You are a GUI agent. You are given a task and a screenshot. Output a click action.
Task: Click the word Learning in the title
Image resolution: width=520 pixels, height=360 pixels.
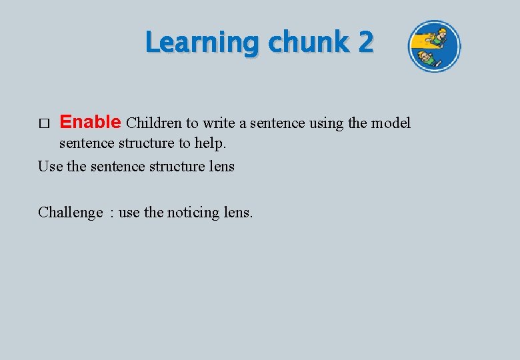tap(203, 43)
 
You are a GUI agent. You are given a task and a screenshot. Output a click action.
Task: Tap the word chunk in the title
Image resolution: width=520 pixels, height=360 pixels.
tap(307, 43)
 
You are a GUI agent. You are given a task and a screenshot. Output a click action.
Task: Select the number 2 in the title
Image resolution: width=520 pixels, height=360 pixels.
tap(365, 43)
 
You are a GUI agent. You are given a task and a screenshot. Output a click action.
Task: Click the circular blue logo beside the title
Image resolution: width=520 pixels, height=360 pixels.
tap(434, 46)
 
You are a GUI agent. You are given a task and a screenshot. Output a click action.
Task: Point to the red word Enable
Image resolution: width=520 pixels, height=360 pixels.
tap(90, 122)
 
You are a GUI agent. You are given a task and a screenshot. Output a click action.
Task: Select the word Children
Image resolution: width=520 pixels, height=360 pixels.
tap(154, 123)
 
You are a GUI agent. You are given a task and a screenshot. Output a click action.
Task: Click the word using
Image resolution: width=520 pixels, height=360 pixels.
tap(327, 123)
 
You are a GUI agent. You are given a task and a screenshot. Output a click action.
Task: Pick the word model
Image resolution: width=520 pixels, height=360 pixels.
tap(391, 123)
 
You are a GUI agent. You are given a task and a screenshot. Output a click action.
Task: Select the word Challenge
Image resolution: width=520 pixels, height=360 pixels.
tap(71, 213)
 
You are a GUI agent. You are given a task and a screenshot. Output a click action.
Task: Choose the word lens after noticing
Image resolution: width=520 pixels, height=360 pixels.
tap(238, 213)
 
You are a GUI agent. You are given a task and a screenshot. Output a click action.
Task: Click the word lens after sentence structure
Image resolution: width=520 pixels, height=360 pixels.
tap(221, 166)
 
